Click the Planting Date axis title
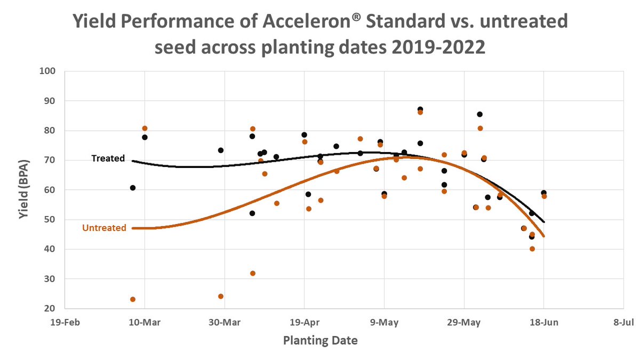click(x=320, y=340)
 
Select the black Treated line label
click(x=108, y=158)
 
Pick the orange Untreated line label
click(x=104, y=228)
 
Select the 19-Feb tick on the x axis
click(x=65, y=322)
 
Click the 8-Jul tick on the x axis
click(x=623, y=322)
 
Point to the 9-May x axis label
click(x=384, y=322)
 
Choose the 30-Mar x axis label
click(x=225, y=322)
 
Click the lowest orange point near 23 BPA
click(x=133, y=299)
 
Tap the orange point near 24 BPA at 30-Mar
click(x=221, y=296)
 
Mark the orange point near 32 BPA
click(x=253, y=273)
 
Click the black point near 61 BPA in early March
click(x=133, y=188)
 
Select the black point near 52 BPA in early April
click(x=252, y=213)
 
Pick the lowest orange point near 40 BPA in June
click(x=532, y=249)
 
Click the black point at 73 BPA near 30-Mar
click(x=221, y=150)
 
